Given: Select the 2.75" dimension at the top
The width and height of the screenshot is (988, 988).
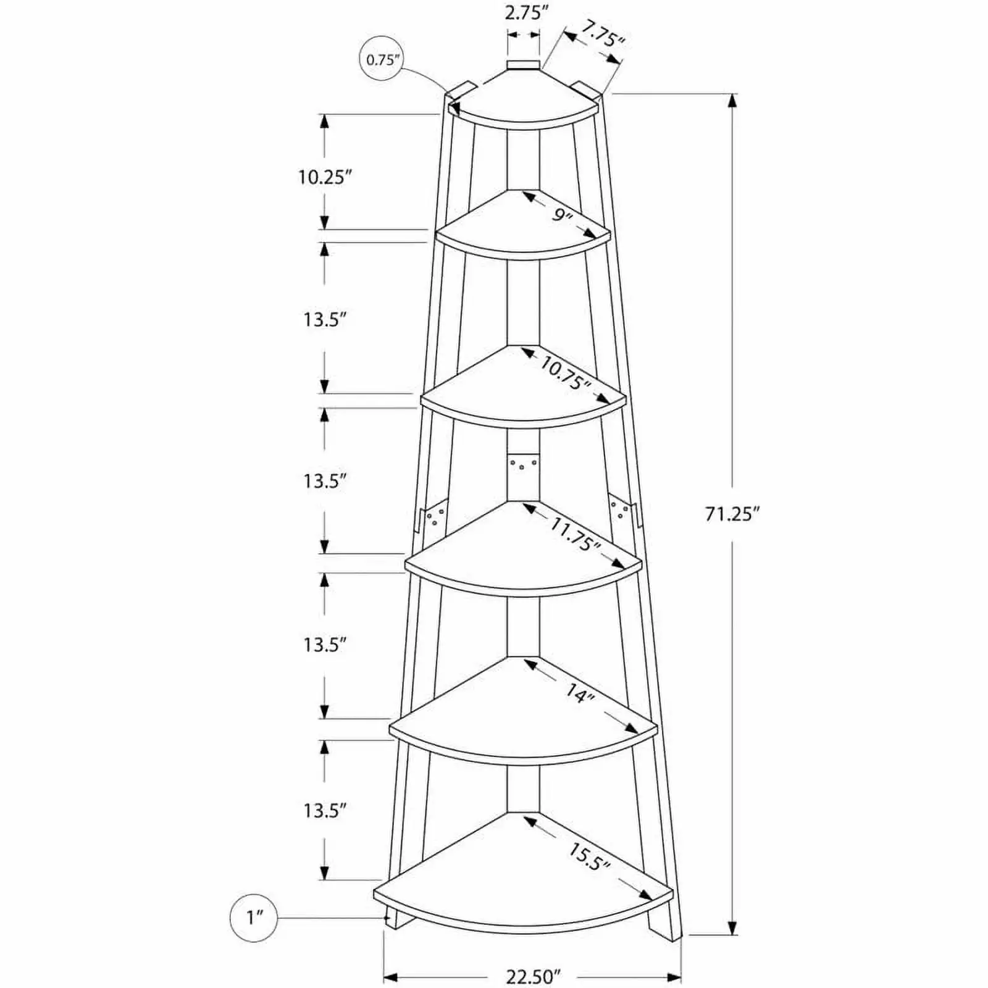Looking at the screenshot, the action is (524, 13).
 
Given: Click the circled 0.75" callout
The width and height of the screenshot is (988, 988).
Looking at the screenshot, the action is (383, 60).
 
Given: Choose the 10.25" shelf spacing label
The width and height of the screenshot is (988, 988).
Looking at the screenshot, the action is (325, 178).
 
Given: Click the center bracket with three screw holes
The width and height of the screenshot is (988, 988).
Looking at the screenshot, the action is (524, 467).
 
